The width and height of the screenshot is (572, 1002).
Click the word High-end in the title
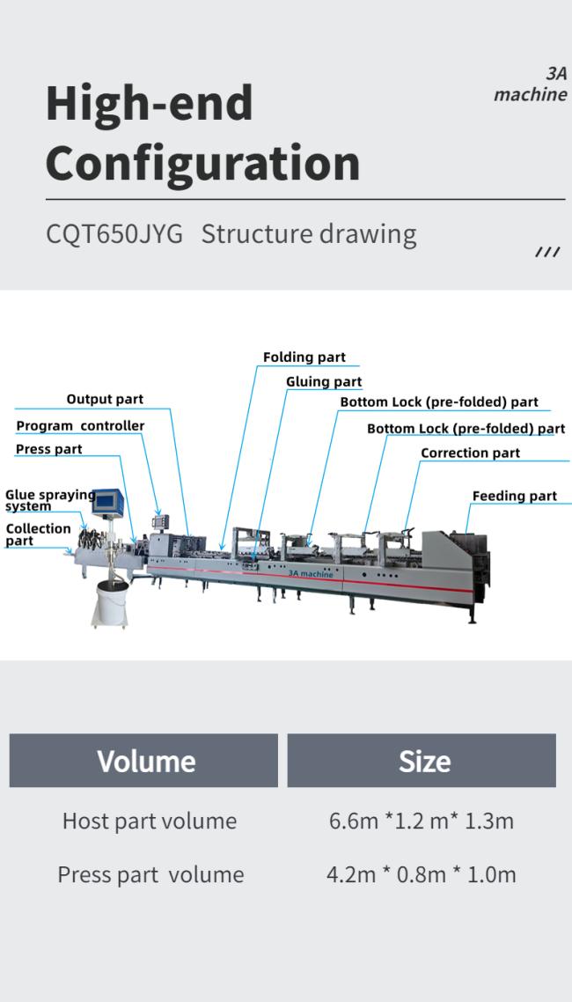(149, 103)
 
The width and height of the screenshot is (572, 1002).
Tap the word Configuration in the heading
(202, 163)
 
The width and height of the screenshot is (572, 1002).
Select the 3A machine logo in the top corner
(531, 85)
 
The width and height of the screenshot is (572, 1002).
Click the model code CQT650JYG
(114, 234)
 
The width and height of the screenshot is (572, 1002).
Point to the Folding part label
(304, 357)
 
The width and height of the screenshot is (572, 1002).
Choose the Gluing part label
(324, 382)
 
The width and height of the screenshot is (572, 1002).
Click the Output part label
(105, 400)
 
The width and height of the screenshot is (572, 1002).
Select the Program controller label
(80, 426)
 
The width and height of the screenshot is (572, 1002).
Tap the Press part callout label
(49, 450)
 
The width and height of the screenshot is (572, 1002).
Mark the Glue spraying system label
(49, 500)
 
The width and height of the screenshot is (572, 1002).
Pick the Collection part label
(38, 534)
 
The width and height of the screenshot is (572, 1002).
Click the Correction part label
(470, 453)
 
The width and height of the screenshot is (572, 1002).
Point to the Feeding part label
(514, 497)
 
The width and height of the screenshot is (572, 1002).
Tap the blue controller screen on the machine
(108, 502)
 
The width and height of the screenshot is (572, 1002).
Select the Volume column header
(144, 761)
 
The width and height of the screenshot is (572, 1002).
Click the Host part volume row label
(149, 821)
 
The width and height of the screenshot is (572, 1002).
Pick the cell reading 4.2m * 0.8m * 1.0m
(422, 874)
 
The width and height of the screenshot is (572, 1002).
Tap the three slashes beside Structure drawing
(546, 253)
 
